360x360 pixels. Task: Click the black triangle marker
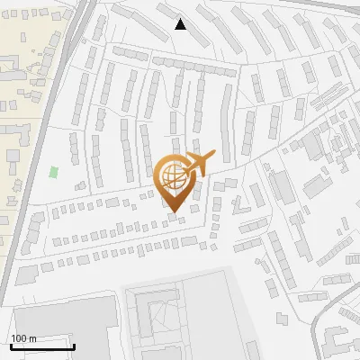tap(181, 24)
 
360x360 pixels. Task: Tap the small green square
tap(54, 171)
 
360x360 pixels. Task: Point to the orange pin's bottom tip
tap(173, 213)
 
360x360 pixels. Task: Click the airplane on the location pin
tap(197, 162)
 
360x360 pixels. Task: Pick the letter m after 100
tap(32, 338)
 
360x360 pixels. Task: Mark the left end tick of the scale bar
tap(11, 346)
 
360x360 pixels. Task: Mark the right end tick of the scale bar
tap(75, 346)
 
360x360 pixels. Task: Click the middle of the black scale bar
tap(42, 346)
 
